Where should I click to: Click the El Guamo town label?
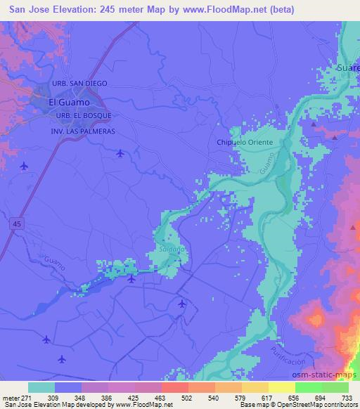click(x=67, y=101)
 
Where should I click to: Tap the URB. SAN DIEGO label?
click(x=79, y=84)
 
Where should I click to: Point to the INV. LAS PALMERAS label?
click(x=82, y=131)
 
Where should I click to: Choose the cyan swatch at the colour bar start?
click(x=41, y=387)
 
